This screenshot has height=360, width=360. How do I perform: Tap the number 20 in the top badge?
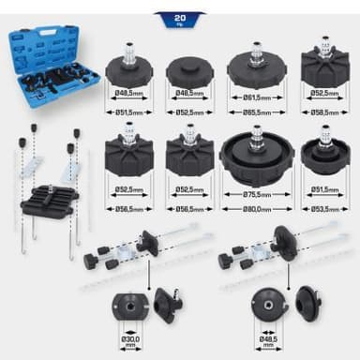coord(180,18)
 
